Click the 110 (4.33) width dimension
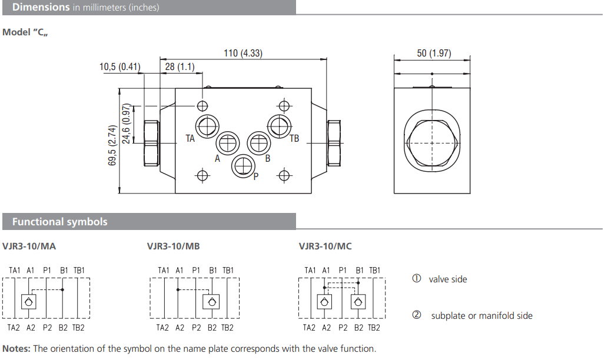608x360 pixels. tap(242, 53)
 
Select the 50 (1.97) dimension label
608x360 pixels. tap(434, 53)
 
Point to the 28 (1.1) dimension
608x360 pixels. tap(180, 66)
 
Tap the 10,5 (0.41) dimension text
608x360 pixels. tap(119, 66)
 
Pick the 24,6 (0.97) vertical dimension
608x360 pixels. tap(126, 124)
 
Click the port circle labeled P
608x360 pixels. tap(242, 166)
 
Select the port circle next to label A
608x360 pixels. tap(227, 143)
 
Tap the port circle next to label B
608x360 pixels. tap(258, 142)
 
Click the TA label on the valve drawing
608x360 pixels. tap(190, 139)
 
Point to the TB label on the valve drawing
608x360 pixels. tap(294, 139)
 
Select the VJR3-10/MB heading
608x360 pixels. tap(174, 246)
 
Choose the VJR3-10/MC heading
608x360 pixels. tap(325, 246)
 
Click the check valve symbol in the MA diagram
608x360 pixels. tap(29, 302)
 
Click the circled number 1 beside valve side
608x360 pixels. tap(417, 279)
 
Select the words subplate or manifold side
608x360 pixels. tap(481, 316)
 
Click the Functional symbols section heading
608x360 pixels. tap(59, 222)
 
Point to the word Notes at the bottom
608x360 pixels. tap(16, 349)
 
